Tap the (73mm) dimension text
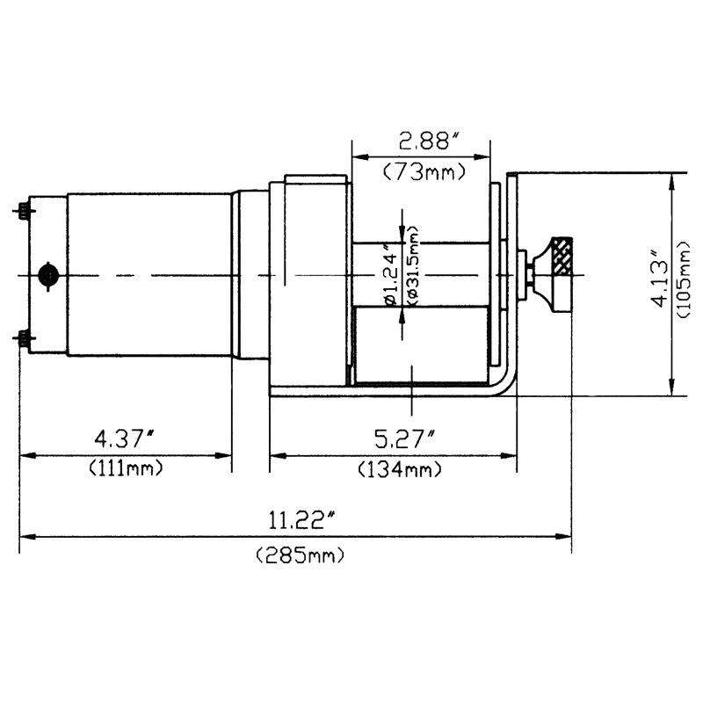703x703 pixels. click(424, 172)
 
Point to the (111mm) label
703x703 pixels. click(125, 468)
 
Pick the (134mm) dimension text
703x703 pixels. click(399, 470)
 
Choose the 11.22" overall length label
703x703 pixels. click(301, 521)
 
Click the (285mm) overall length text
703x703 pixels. click(300, 555)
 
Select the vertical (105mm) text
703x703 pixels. click(685, 279)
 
